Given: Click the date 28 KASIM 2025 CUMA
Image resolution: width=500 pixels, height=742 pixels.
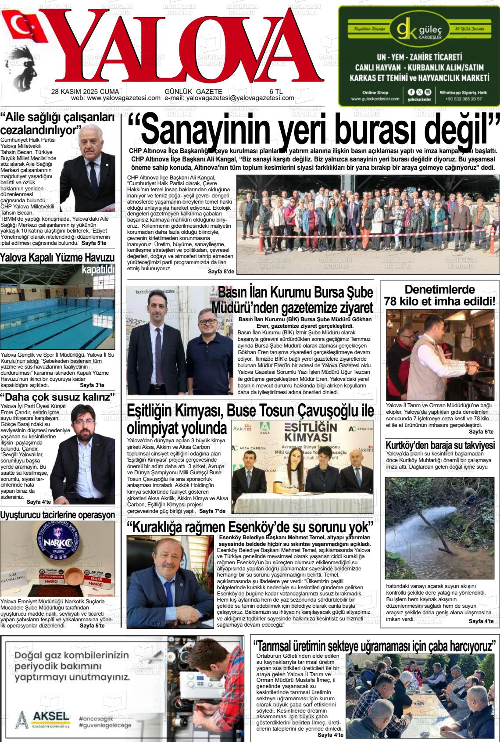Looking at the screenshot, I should click(x=85, y=91).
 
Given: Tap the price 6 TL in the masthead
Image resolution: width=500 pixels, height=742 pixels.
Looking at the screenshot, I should click(x=276, y=91).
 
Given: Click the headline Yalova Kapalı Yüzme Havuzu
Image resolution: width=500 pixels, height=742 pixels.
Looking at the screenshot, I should click(x=57, y=258).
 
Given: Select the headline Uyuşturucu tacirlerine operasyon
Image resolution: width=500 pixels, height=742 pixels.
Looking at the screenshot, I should click(x=57, y=515).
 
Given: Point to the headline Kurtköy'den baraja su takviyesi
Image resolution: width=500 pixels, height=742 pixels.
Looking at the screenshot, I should click(x=440, y=445).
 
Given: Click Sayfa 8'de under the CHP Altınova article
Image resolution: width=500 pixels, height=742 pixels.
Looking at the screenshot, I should click(x=221, y=272).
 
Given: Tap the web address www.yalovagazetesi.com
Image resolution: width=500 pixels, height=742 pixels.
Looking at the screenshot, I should click(x=124, y=98).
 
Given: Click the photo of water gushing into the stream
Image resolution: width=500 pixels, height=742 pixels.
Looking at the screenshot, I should click(x=440, y=528).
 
